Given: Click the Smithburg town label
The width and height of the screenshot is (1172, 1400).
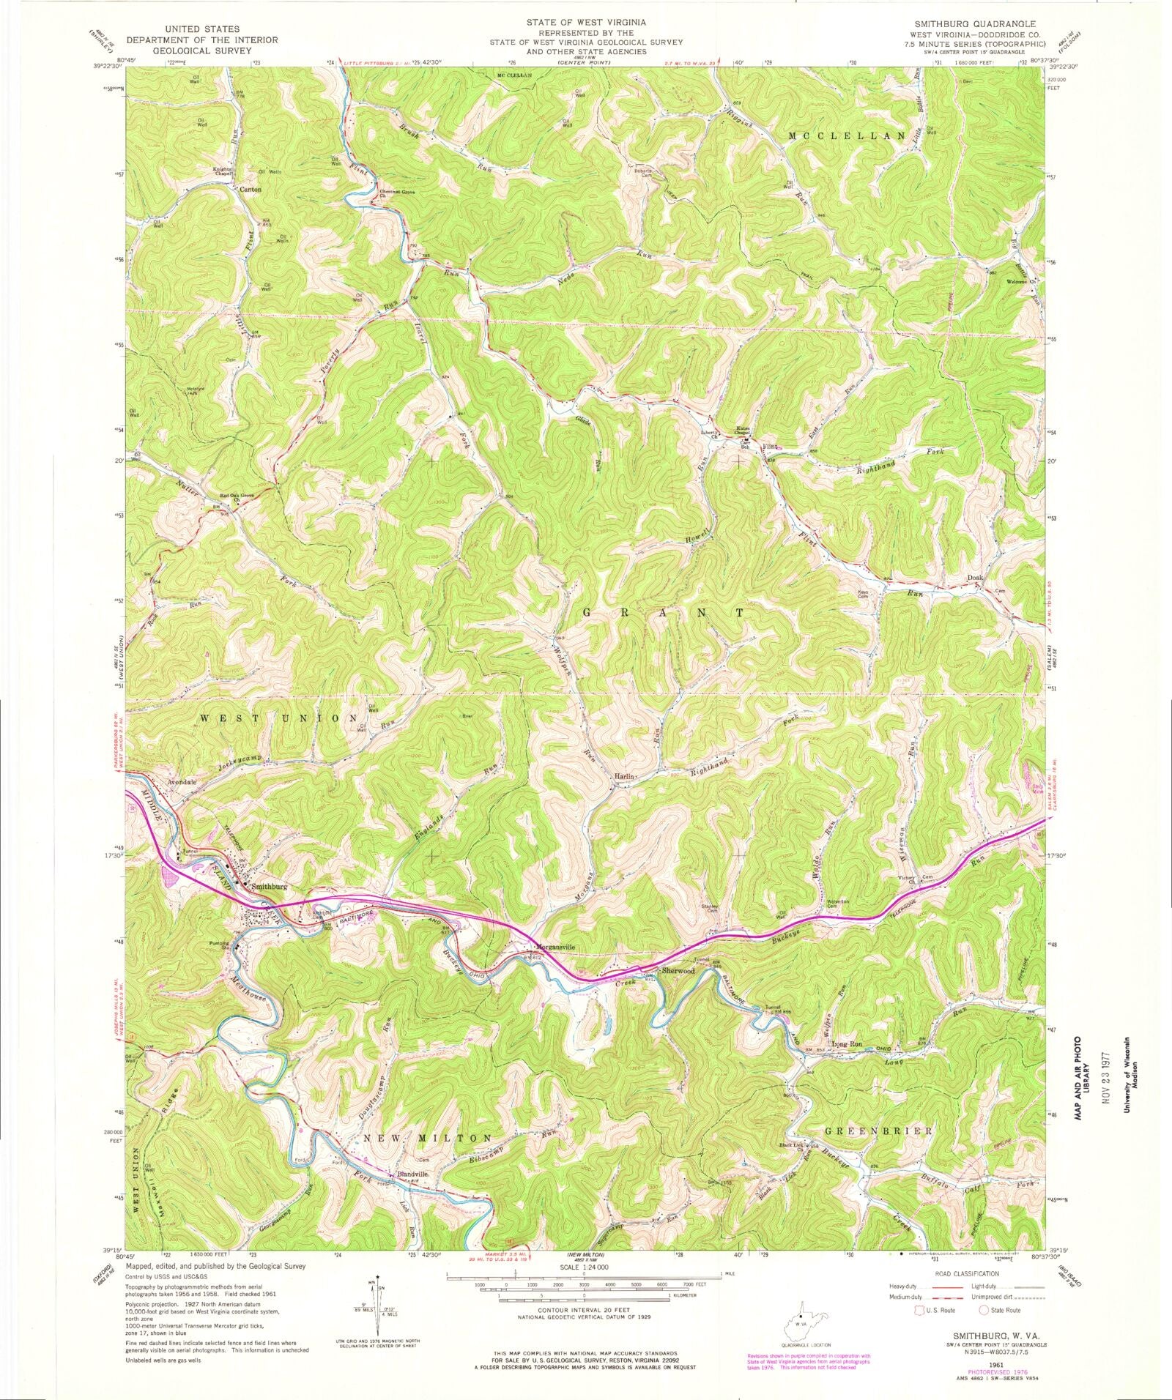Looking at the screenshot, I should [270, 886].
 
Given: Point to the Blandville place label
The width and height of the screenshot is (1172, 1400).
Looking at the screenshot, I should [412, 1173].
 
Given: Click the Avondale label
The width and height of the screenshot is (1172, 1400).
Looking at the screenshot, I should [182, 782].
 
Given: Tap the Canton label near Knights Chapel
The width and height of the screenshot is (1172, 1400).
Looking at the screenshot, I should [251, 189].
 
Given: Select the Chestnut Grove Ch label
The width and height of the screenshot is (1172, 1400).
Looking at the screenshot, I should [397, 194].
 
